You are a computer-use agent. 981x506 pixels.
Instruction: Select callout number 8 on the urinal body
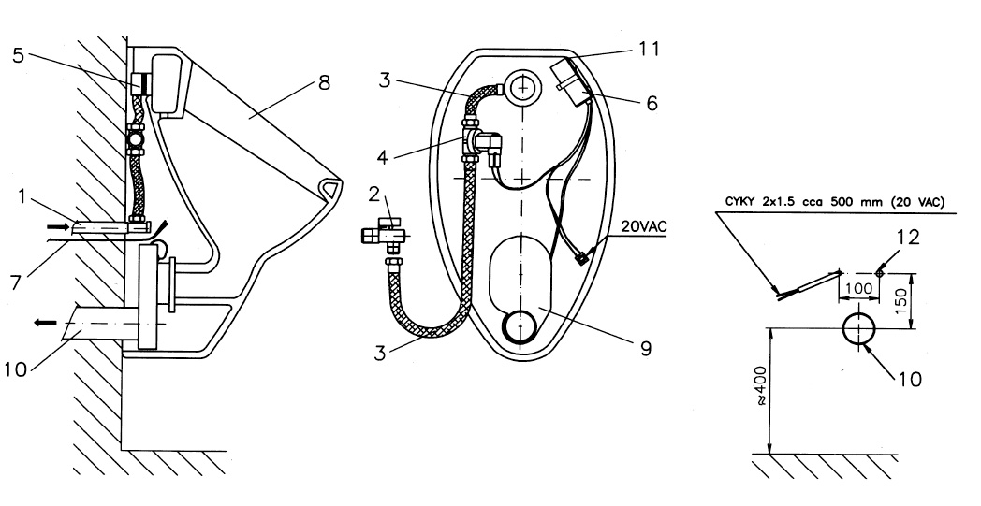pos(323,83)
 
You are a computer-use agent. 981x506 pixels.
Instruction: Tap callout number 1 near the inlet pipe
pos(22,197)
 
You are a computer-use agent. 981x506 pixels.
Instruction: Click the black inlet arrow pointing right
pos(58,226)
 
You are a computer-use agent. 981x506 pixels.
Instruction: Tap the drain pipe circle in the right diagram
pos(860,330)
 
